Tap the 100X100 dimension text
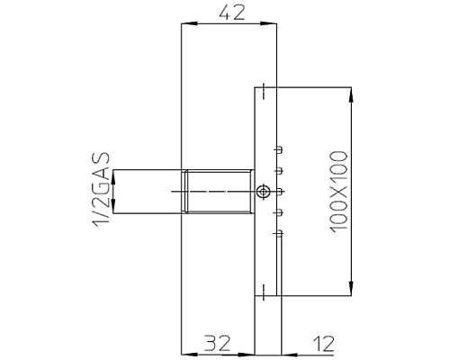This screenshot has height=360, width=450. point(339,192)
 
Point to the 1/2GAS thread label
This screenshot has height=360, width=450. point(101,192)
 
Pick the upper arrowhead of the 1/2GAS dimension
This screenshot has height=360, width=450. point(112,175)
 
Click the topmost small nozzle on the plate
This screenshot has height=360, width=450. point(277,148)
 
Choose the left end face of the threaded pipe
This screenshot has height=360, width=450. point(183,191)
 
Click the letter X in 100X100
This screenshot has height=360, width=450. point(339,192)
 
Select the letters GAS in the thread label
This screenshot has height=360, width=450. point(101,173)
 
